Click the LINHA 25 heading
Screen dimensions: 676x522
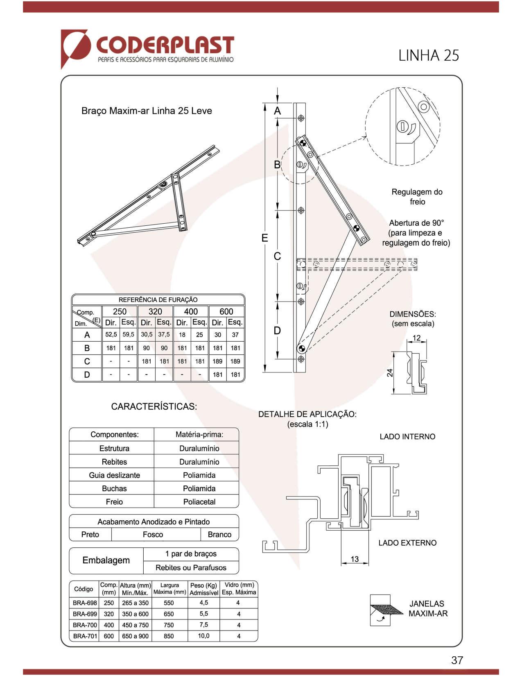coord(429,55)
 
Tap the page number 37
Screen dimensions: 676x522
coord(457,660)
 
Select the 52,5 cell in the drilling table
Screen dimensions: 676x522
coord(111,335)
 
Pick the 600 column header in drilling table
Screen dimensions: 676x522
coord(226,311)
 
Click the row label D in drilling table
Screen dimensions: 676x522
coord(87,375)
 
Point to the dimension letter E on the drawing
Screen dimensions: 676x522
coord(265,238)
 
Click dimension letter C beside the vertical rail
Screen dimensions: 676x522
coord(277,256)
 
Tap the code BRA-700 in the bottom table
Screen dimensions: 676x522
coord(85,625)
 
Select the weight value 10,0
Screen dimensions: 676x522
coord(203,636)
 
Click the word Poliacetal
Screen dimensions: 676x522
coord(199,502)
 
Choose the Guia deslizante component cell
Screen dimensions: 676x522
coord(114,475)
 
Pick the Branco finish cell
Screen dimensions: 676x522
coord(219,535)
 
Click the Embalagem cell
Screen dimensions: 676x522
coord(106,560)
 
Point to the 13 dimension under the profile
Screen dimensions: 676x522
coord(355,559)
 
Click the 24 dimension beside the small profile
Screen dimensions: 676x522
coord(390,373)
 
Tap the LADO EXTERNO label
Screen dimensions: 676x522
coord(407,543)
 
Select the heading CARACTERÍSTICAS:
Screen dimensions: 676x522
coord(154,406)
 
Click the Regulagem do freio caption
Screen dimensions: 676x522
coord(417,197)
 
